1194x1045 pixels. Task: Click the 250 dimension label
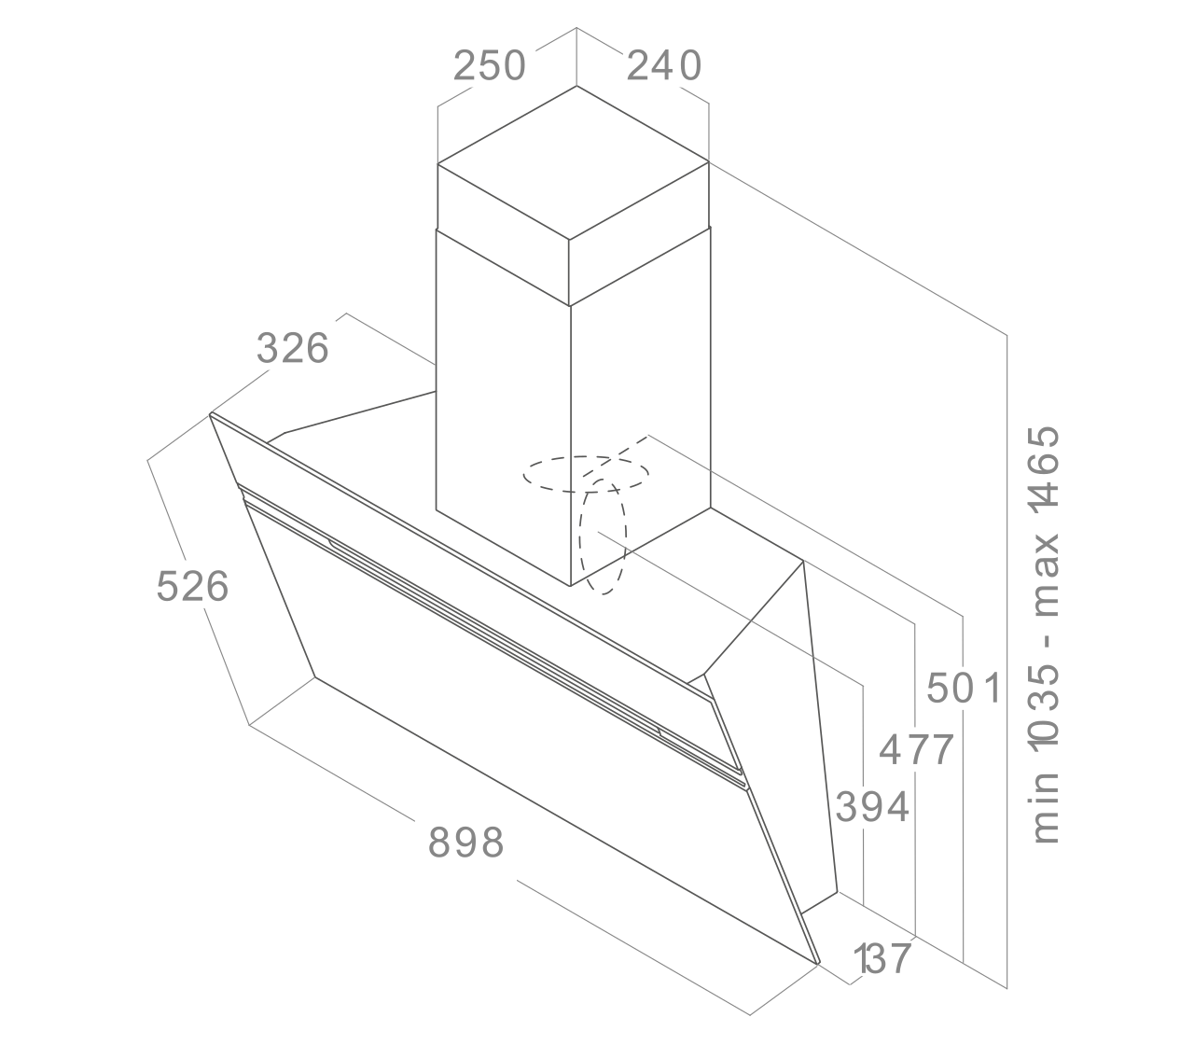[490, 65]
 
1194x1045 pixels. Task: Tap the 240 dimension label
[664, 65]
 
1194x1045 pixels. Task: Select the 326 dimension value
[292, 348]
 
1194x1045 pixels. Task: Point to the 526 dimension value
[192, 586]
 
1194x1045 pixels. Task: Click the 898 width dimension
[465, 843]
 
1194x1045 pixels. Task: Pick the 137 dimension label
[882, 958]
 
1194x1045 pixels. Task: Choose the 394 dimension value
[872, 807]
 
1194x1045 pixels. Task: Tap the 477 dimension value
[916, 749]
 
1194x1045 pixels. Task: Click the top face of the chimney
[573, 162]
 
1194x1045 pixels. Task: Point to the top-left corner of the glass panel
[210, 414]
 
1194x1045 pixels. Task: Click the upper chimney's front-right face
[640, 233]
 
